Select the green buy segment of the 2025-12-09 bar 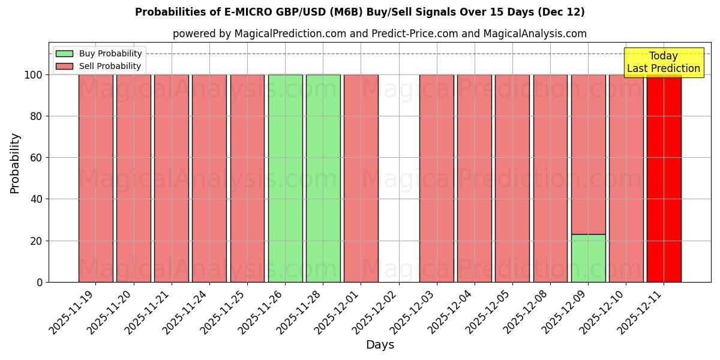click(x=588, y=258)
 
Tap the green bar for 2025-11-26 click(x=285, y=178)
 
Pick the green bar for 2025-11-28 click(x=323, y=178)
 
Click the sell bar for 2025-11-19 click(x=95, y=178)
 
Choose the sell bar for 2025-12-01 click(x=361, y=178)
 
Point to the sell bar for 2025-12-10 click(x=626, y=178)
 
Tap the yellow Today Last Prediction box click(x=664, y=62)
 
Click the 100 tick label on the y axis click(x=34, y=75)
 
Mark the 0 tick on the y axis click(x=40, y=282)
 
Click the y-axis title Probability click(x=15, y=163)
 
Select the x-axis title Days click(x=380, y=345)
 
